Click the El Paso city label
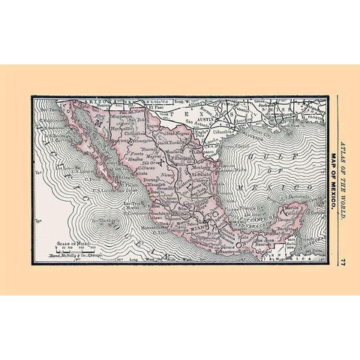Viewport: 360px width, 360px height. [155, 106]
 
